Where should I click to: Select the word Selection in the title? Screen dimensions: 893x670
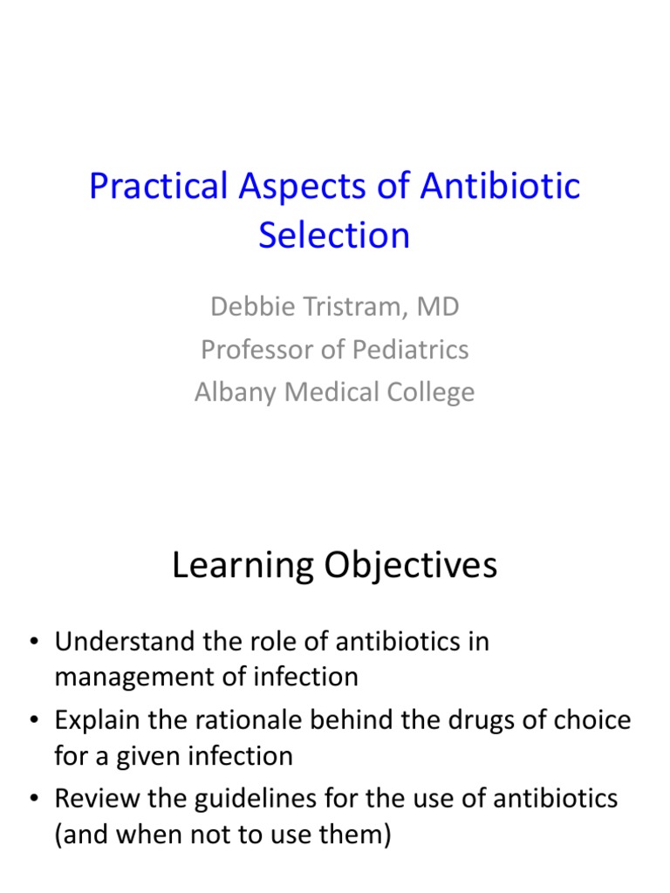pyautogui.click(x=334, y=235)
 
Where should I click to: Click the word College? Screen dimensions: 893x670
pyautogui.click(x=429, y=392)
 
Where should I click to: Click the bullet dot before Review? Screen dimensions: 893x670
pyautogui.click(x=34, y=798)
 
